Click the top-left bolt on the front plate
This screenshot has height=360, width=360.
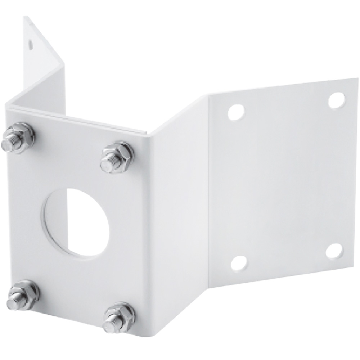[x=18, y=138]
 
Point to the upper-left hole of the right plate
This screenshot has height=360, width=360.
[x=236, y=112]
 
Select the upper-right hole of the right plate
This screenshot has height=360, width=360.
[x=337, y=100]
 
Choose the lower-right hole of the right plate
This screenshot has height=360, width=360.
[x=334, y=251]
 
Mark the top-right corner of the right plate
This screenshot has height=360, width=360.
[x=357, y=78]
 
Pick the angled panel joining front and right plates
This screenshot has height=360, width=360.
[x=180, y=216]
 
